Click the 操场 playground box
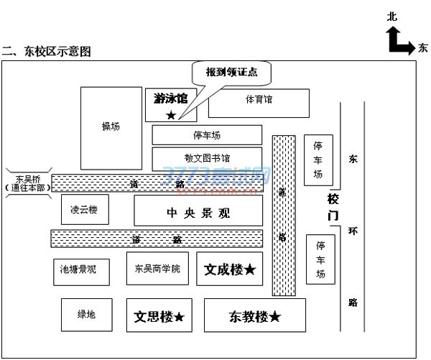click(111, 128)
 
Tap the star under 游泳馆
click(170, 115)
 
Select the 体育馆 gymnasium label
click(259, 100)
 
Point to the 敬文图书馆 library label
click(207, 158)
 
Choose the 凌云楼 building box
click(84, 210)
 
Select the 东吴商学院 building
click(157, 269)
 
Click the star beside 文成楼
click(249, 269)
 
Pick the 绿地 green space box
click(87, 314)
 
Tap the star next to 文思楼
click(180, 317)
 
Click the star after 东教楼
click(274, 317)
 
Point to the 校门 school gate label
click(333, 206)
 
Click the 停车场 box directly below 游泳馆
click(207, 134)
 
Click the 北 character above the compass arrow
click(391, 16)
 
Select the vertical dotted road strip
click(284, 216)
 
